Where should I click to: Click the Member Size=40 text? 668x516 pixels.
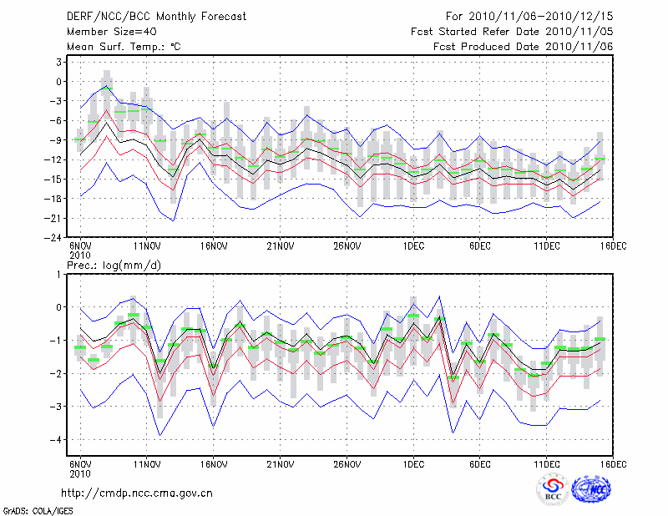(x=106, y=31)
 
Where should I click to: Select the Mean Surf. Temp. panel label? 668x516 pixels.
(x=124, y=47)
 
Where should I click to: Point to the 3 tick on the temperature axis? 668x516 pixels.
(x=59, y=62)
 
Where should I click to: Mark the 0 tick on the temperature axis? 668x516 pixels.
(x=59, y=81)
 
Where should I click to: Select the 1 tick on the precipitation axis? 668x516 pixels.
(x=59, y=274)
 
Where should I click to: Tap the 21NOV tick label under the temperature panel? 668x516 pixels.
(x=281, y=246)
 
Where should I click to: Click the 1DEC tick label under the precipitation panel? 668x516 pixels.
(x=413, y=464)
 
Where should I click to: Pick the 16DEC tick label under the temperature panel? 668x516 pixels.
(x=614, y=246)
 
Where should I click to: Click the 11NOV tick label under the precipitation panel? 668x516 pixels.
(x=147, y=464)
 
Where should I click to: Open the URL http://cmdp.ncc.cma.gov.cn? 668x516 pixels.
(x=137, y=493)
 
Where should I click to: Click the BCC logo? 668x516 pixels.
(x=552, y=490)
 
